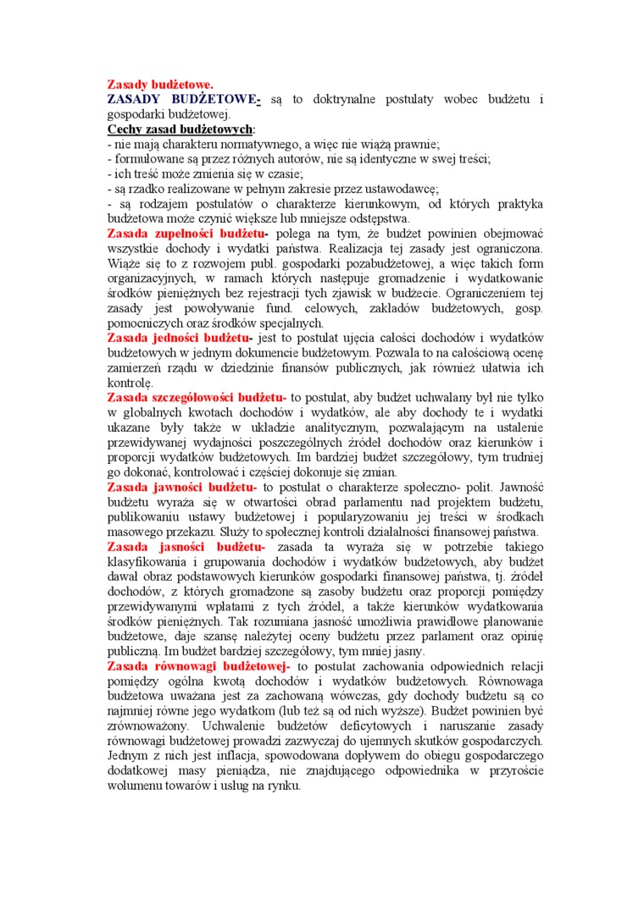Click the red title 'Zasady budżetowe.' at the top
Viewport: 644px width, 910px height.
click(160, 85)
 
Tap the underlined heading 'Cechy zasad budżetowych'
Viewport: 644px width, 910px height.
click(180, 130)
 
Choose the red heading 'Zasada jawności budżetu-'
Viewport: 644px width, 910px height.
click(182, 487)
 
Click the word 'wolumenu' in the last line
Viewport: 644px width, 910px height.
click(135, 786)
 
